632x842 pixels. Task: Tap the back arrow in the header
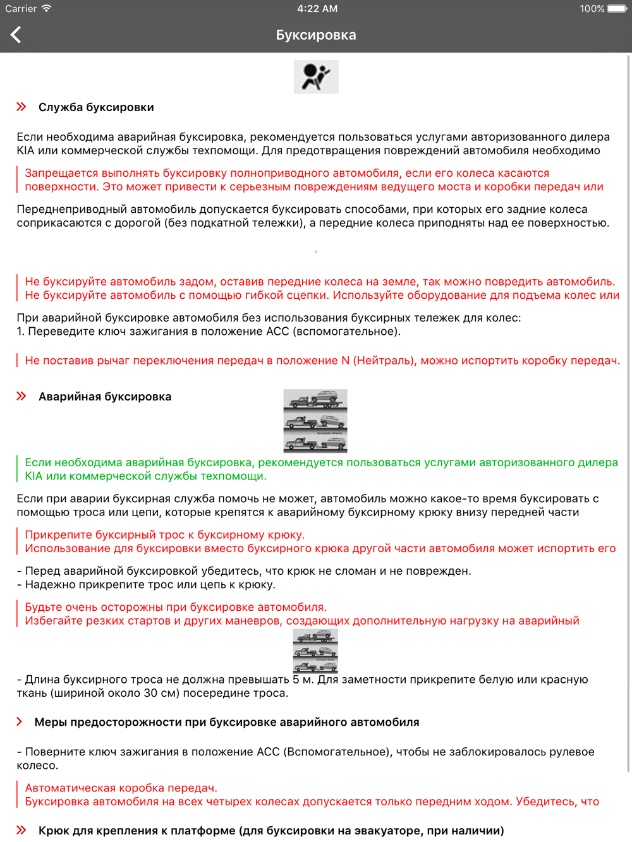16,35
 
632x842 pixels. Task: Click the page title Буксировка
316,35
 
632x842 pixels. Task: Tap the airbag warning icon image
316,77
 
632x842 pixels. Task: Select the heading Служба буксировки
96,107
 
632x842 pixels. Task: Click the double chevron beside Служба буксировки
21,107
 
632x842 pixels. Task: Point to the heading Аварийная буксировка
105,397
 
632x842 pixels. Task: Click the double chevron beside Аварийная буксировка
21,396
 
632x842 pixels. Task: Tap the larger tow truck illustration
315,421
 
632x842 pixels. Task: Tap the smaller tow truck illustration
315,651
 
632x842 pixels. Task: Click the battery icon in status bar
617,9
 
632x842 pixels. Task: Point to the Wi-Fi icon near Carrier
46,9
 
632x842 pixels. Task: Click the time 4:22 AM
317,9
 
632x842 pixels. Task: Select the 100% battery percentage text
592,9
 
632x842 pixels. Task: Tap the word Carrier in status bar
21,9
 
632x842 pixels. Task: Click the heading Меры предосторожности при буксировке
226,722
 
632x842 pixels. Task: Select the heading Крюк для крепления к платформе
271,831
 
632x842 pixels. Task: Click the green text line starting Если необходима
321,462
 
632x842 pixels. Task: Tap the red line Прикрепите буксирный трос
164,535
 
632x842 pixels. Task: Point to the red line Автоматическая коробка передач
121,788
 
